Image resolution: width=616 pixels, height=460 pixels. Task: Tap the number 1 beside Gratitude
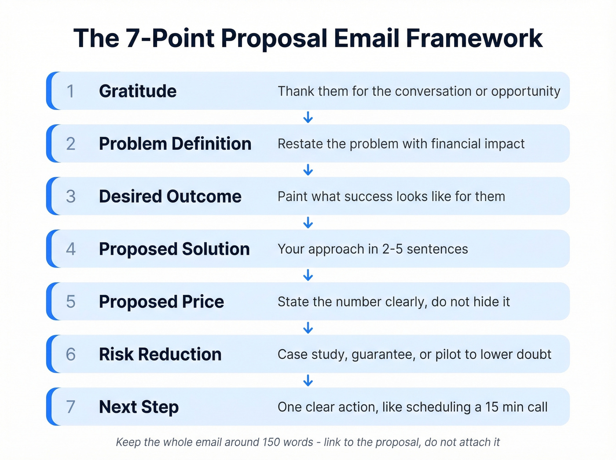click(x=70, y=91)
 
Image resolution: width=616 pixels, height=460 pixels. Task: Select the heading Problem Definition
click(x=175, y=144)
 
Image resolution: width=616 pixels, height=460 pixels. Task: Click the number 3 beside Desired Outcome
click(x=70, y=196)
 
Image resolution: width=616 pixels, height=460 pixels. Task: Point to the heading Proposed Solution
click(x=174, y=249)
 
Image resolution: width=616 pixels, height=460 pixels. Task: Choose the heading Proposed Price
click(x=161, y=302)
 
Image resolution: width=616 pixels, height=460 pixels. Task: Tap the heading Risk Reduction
click(x=160, y=354)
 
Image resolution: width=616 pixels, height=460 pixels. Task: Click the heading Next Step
click(x=139, y=407)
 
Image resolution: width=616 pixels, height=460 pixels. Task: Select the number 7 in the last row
click(x=70, y=407)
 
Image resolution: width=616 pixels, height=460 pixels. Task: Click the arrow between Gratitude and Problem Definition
click(x=308, y=117)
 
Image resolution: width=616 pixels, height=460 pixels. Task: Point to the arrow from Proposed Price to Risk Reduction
click(x=308, y=328)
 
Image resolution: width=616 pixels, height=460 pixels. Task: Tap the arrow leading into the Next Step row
click(x=308, y=380)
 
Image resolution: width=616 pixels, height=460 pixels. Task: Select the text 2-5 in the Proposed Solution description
click(x=392, y=249)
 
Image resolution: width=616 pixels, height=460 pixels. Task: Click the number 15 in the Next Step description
click(x=492, y=407)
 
